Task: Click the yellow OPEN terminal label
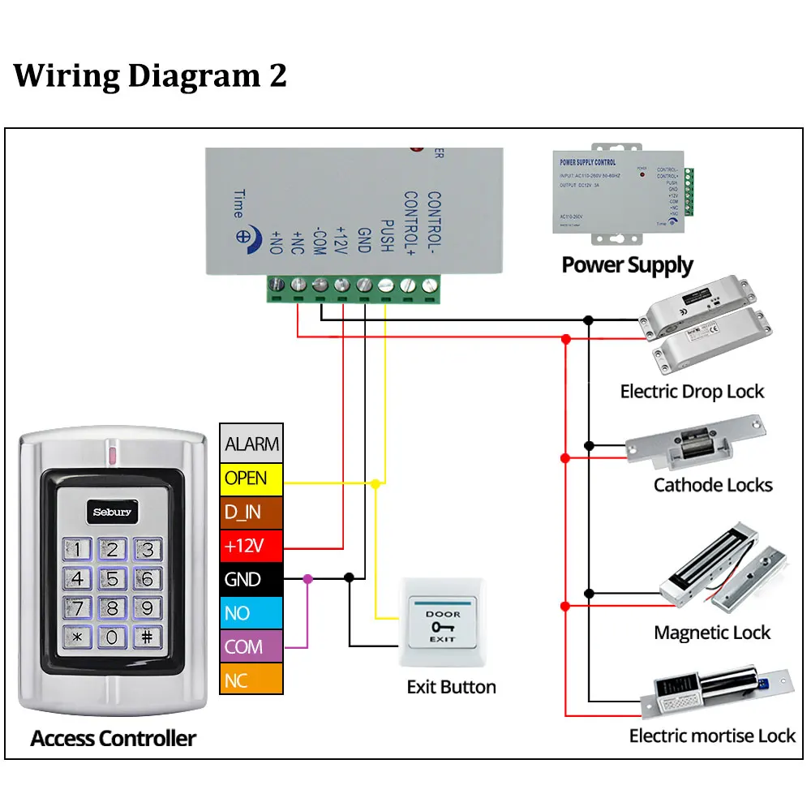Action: coord(251,478)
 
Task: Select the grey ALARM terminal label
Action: coord(251,444)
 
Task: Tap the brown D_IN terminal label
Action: coord(251,513)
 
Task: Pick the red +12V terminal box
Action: coord(251,546)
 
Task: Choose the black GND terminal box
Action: coord(251,579)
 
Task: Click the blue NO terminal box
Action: coord(251,612)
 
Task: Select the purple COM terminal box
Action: coord(251,646)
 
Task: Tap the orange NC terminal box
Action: coord(251,680)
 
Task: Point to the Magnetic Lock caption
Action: coord(712,633)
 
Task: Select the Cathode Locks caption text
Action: coord(713,485)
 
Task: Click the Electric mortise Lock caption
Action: coord(712,736)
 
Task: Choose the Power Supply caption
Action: coord(627,265)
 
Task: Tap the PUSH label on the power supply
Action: coord(386,236)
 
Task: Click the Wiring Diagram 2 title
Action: coord(150,75)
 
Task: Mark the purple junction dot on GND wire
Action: coord(307,578)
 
